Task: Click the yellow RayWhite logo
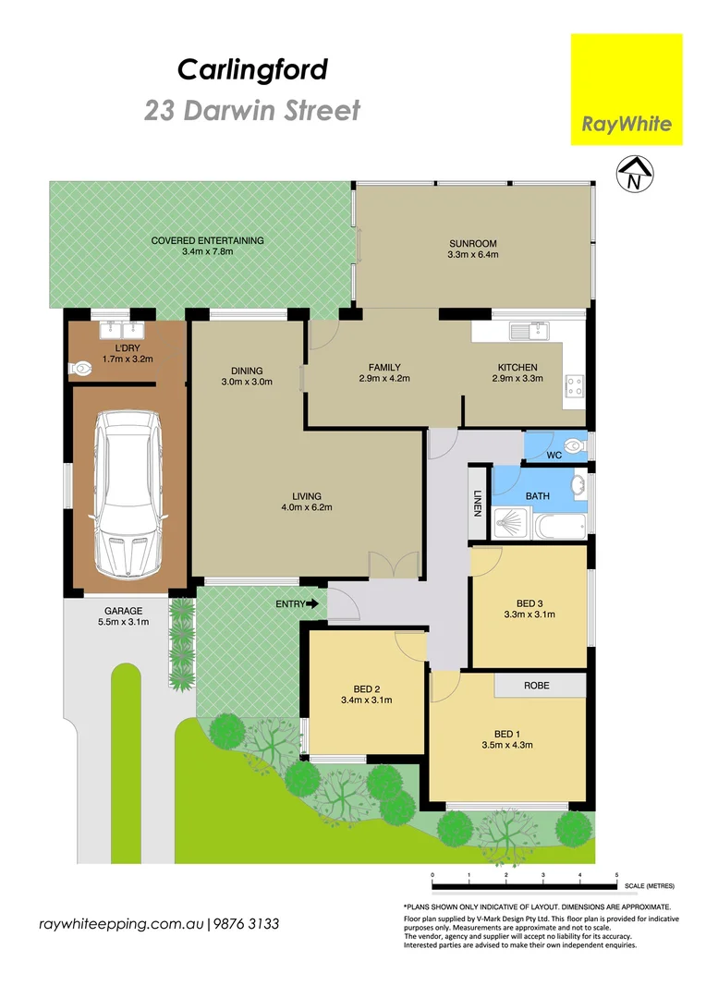coord(626,90)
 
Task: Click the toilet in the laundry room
coord(80,369)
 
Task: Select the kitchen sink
coord(530,328)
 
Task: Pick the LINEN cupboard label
coord(478,503)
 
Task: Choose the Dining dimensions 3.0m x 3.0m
coord(247,382)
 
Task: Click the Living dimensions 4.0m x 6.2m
coord(307,507)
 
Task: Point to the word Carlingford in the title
coord(252,69)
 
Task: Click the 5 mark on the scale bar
coord(616,874)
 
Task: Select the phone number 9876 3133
coord(247,924)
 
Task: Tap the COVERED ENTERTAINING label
coord(208,240)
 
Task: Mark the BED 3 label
coord(529,600)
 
